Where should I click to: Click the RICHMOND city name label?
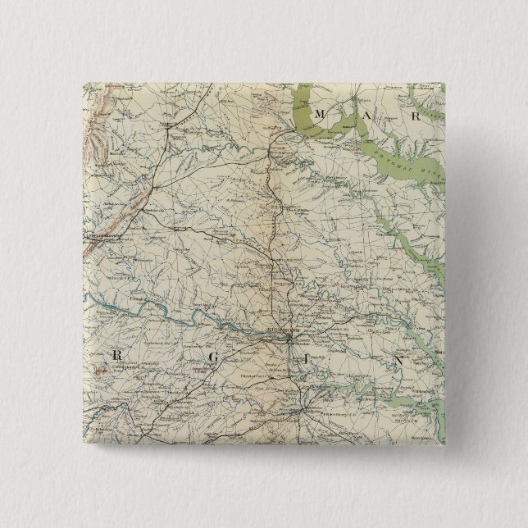(280, 325)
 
